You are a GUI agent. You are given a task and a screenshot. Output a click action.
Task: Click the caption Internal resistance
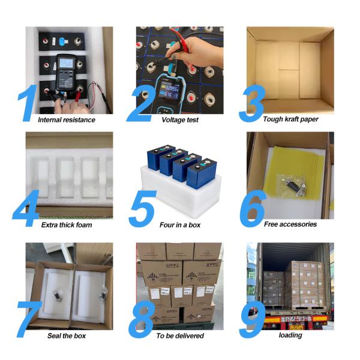(66, 120)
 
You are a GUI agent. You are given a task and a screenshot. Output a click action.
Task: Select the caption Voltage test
(180, 120)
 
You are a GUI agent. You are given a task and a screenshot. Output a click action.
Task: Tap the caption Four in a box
(180, 225)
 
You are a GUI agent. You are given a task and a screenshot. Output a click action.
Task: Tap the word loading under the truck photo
(290, 335)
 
